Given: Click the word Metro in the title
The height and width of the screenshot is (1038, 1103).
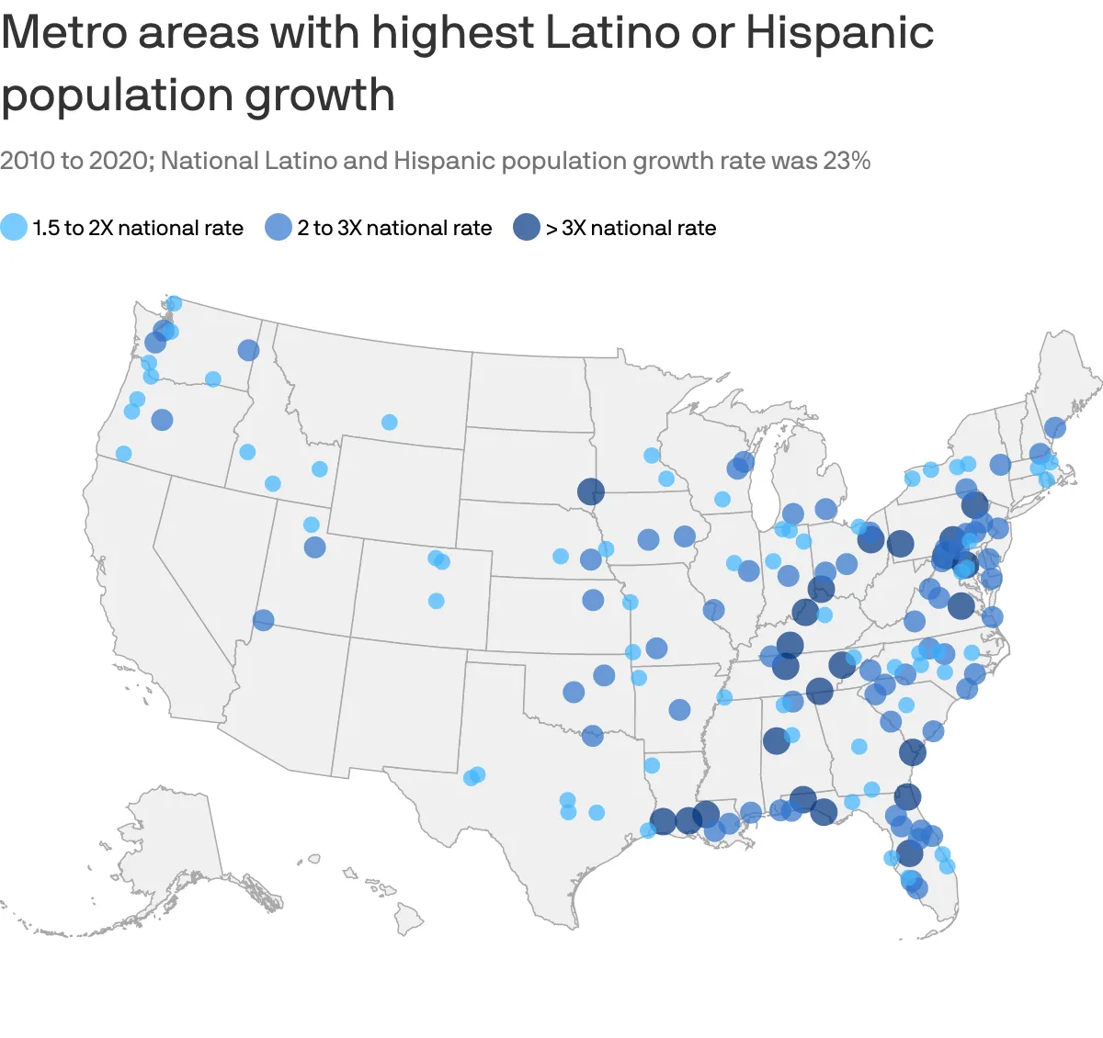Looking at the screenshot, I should pos(64,33).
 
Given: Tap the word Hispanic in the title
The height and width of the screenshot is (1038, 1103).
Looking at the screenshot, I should pos(839,33).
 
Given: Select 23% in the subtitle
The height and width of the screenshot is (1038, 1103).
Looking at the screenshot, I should pos(847,161).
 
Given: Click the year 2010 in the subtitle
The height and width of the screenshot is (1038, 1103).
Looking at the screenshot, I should pos(27,161).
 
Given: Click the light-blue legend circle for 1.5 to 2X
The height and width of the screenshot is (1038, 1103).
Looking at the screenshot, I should pos(14,228).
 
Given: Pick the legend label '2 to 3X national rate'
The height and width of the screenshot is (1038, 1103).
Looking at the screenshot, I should pos(394,228).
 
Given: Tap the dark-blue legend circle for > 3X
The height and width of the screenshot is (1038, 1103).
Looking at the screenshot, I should pos(527,228).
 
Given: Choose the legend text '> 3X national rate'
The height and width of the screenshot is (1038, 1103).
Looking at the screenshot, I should pos(631,228).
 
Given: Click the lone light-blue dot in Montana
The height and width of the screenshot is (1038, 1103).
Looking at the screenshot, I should pos(389,423).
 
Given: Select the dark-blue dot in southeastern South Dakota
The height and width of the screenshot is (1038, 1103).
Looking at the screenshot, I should pos(591,491).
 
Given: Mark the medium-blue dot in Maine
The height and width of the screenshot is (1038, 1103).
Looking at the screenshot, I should pos(1054,428).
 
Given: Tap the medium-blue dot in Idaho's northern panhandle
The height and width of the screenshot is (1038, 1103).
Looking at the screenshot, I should pos(248,350).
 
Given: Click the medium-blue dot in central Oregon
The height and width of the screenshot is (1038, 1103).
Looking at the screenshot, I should pos(162,420).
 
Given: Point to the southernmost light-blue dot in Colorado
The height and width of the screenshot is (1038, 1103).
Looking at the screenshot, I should pos(437,601).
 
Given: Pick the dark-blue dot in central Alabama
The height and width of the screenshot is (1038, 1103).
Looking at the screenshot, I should pos(776,740).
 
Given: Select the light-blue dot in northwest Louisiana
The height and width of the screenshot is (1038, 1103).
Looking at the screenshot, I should pos(652,765).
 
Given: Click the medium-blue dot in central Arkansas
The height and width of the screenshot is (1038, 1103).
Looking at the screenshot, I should pos(679,710).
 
